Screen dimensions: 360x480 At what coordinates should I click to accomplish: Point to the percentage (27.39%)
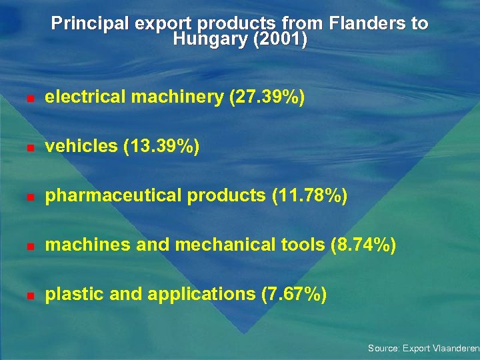267,97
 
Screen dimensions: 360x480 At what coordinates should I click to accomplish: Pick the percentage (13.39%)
161,147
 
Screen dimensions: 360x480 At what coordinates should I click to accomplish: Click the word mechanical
231,245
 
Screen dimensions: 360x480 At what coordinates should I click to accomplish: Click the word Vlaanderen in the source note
456,348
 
